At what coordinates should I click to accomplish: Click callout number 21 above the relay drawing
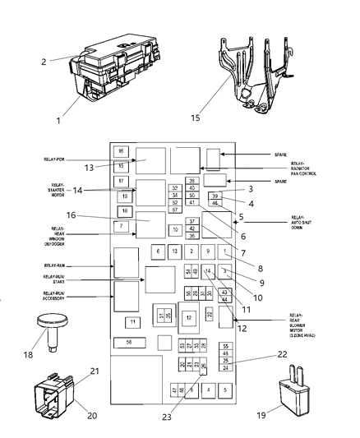(95, 371)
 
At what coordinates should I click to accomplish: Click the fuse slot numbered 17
(121, 181)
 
